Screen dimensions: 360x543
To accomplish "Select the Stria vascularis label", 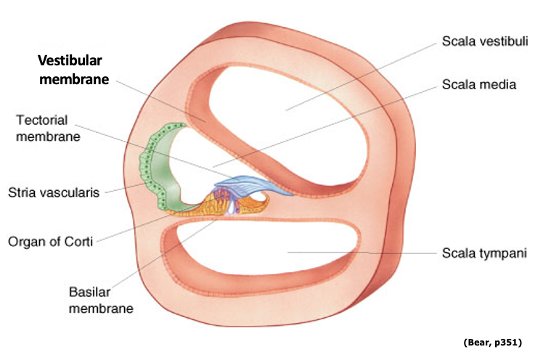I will (x=54, y=192).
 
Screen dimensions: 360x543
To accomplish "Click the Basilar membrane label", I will (x=101, y=299).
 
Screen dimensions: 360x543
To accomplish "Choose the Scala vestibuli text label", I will (x=485, y=41).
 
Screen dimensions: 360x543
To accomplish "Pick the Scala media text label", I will (x=478, y=84).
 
